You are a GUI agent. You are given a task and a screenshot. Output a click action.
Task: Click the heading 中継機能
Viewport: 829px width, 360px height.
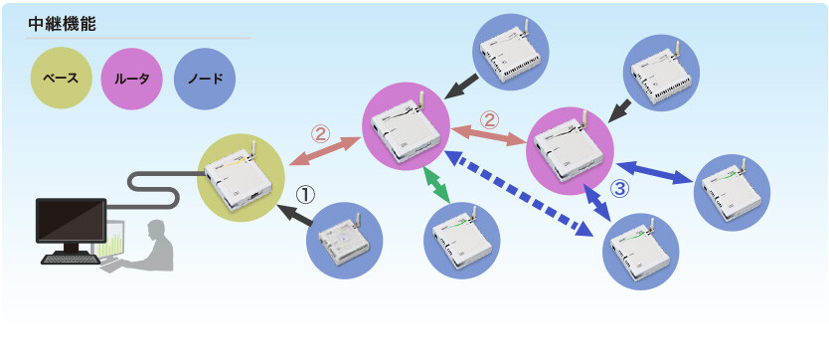click(62, 25)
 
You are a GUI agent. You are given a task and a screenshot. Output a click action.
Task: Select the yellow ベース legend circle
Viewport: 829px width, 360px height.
click(62, 79)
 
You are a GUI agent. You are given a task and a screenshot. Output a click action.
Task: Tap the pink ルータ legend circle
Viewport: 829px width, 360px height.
click(131, 79)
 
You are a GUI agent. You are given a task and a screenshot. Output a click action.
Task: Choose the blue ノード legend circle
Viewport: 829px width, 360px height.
click(205, 79)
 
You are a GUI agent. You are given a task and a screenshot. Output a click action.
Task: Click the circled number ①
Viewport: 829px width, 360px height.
click(304, 195)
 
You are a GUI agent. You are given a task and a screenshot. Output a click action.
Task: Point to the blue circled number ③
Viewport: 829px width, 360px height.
click(620, 188)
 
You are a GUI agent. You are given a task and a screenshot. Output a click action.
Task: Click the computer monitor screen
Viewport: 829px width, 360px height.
click(71, 221)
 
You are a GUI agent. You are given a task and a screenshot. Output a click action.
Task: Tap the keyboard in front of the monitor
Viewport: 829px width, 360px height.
click(71, 259)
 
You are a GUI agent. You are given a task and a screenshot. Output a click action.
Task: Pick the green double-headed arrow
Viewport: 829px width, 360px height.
click(436, 185)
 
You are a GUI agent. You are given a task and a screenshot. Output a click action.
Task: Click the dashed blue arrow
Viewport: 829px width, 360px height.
click(518, 194)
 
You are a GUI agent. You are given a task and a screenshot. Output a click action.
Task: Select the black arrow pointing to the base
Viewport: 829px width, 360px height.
click(298, 216)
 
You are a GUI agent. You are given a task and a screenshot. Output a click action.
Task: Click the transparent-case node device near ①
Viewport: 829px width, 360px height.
click(344, 239)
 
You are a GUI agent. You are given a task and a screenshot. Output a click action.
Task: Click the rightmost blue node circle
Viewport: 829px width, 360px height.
click(732, 192)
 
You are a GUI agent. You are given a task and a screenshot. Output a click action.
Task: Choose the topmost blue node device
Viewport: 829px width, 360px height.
click(508, 53)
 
